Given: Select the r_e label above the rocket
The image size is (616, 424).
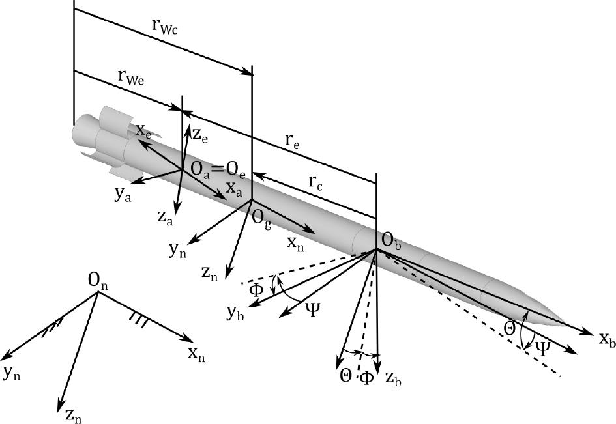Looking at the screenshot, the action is [291, 141].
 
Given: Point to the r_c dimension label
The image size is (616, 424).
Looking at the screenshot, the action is [315, 182].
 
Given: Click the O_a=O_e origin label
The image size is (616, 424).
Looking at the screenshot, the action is [218, 169].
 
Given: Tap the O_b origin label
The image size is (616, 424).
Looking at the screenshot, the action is [391, 241].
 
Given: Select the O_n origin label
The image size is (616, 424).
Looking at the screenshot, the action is [97, 281].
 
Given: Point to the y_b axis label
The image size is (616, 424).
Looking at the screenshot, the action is [235, 312].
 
